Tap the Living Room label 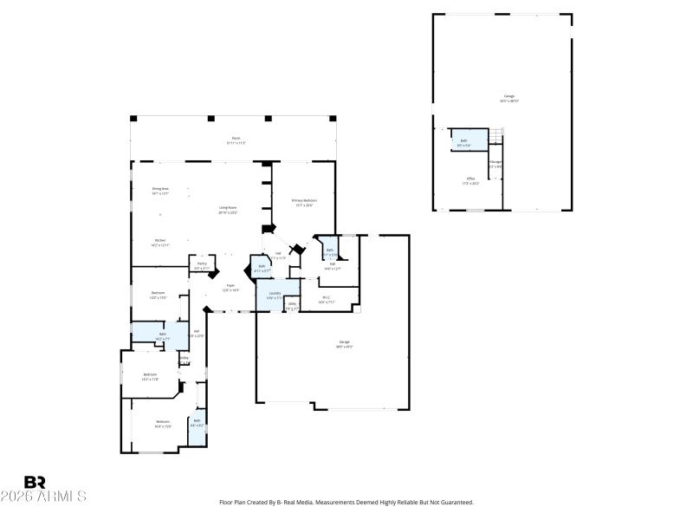[x=228, y=209]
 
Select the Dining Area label [x=160, y=190]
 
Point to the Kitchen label [x=160, y=243]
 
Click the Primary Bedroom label [x=304, y=202]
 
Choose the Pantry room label [x=201, y=265]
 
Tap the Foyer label [x=230, y=287]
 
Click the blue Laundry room [x=275, y=295]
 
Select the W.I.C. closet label [x=327, y=300]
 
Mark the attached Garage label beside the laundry [x=344, y=344]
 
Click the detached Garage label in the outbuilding [x=509, y=99]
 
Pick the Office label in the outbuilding [x=471, y=180]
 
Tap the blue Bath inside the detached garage [x=463, y=142]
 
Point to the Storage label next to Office [x=495, y=164]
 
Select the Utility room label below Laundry [x=293, y=306]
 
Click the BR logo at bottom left [x=35, y=482]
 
